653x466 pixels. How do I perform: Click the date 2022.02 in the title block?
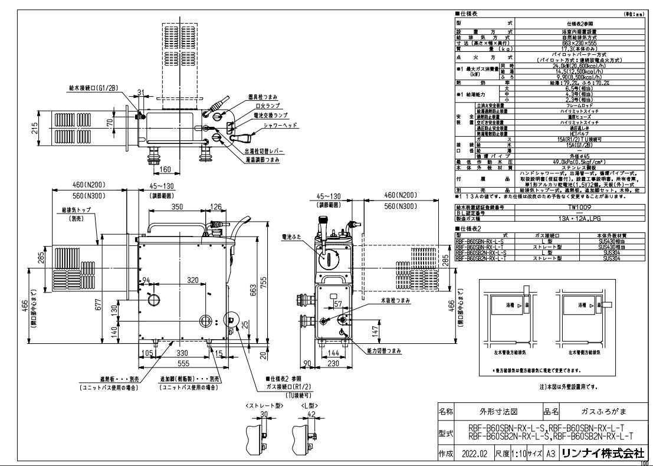click(x=475, y=454)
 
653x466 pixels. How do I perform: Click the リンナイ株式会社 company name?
click(x=603, y=454)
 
